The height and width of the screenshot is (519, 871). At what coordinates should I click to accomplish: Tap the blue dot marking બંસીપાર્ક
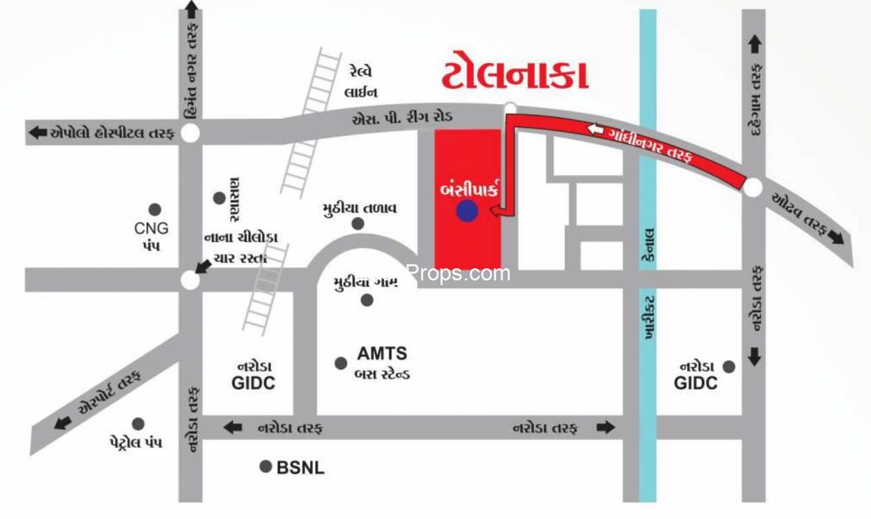coord(467,212)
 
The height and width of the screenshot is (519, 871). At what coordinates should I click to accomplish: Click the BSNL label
coord(301,467)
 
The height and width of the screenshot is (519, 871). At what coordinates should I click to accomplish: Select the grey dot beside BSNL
coord(266,466)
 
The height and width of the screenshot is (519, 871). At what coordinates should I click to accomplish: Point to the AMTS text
coord(382,353)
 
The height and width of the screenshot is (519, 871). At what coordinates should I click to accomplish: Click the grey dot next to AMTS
coord(341,364)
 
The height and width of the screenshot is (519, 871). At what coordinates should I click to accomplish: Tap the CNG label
coord(151,228)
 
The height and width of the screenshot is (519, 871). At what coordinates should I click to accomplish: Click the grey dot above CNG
coord(155,209)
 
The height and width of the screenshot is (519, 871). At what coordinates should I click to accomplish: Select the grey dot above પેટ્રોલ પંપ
coord(138,424)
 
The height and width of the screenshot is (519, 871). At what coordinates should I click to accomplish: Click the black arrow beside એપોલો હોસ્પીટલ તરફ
coord(38,133)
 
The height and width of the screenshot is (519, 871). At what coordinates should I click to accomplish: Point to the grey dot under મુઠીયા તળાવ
coord(357,224)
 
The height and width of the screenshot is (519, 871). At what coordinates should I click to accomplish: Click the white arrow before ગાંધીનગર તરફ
coord(595,128)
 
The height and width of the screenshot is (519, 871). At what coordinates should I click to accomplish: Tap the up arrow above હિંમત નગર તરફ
coord(191,10)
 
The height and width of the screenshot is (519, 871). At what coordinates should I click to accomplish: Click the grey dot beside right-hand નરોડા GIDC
coord(728,366)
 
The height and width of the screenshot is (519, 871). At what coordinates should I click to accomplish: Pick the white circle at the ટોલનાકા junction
coord(511,107)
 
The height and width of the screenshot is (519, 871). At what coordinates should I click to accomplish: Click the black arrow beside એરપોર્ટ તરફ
coord(63,423)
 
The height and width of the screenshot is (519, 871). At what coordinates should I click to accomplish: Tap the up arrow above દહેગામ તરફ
coord(755,45)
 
